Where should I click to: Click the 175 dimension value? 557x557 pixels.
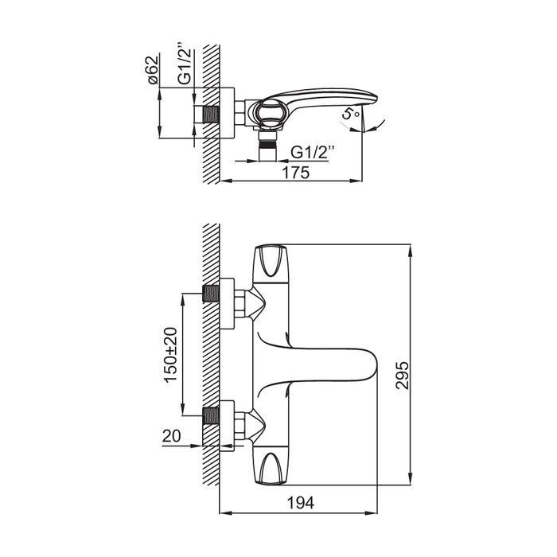click(x=295, y=173)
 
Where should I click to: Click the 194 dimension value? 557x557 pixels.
click(x=301, y=503)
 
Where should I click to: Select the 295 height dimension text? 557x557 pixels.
click(x=403, y=375)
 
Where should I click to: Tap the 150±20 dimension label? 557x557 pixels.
click(x=170, y=355)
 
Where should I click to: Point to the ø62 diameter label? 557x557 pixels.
click(x=153, y=70)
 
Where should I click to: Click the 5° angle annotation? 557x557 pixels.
click(x=351, y=115)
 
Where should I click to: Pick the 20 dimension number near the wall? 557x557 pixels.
click(x=172, y=436)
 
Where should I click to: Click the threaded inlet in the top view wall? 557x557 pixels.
click(x=211, y=115)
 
